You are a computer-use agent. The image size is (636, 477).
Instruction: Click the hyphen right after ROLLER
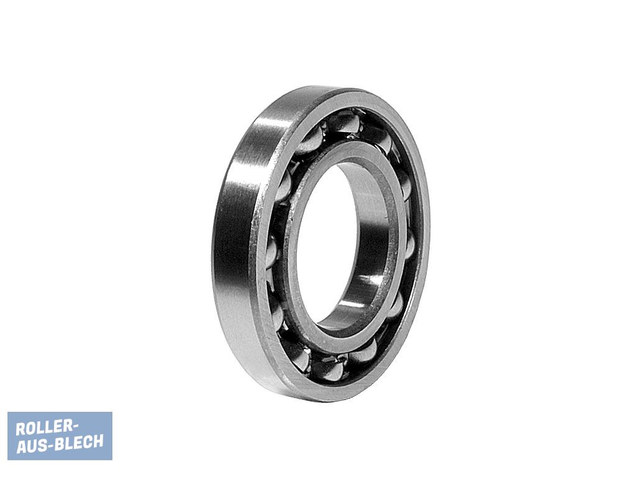pos(73,427)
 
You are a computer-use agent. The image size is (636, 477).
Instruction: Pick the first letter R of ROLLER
pos(20,429)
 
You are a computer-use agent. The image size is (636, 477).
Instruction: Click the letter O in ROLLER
pos(30,429)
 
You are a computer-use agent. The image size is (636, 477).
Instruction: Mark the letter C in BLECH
pos(89,442)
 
